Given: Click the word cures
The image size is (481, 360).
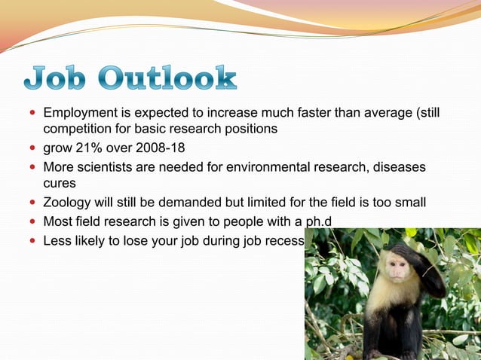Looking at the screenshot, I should point(60,183).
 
